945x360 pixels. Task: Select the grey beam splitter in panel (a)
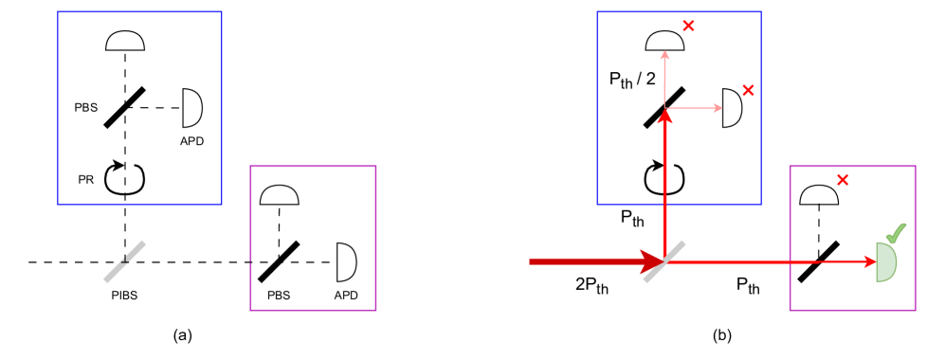pos(125,261)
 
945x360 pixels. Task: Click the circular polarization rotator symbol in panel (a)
pos(125,178)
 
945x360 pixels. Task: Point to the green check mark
pos(896,231)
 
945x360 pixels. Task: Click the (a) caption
pos(183,334)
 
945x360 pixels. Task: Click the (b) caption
pos(721,334)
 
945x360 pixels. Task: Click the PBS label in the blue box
pos(85,108)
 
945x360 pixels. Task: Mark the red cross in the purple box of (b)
pos(843,178)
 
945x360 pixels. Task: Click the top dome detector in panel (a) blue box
pos(125,41)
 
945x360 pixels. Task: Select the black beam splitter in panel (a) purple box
pos(280,261)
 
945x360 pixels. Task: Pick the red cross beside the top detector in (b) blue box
pos(688,26)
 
